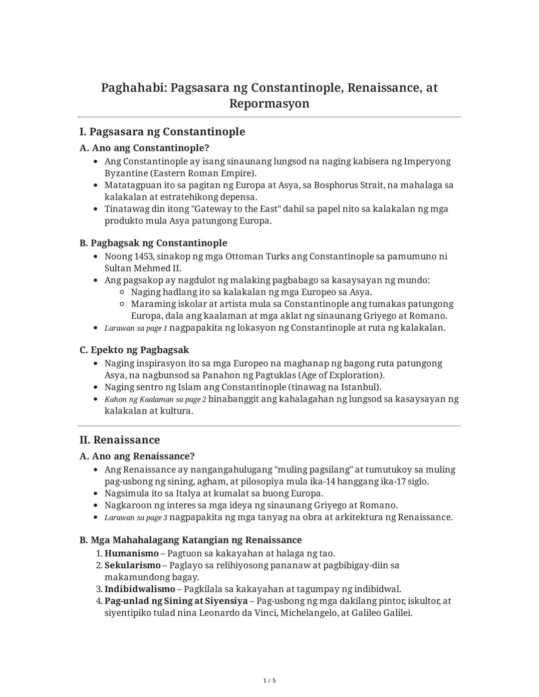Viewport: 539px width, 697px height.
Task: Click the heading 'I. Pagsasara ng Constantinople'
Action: pyautogui.click(x=162, y=132)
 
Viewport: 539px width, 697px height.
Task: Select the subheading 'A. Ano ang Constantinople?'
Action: pyautogui.click(x=144, y=148)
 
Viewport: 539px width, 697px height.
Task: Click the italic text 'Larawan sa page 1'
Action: pyautogui.click(x=136, y=328)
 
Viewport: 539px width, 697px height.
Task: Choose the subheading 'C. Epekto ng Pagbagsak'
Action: pyautogui.click(x=134, y=350)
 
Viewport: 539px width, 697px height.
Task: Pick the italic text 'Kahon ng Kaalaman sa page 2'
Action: pyautogui.click(x=155, y=400)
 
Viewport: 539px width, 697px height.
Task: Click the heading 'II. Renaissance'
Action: pyautogui.click(x=120, y=440)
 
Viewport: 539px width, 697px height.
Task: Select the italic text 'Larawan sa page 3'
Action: pyautogui.click(x=136, y=518)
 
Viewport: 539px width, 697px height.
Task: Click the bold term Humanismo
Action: pyautogui.click(x=131, y=553)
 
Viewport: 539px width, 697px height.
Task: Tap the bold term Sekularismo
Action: pyautogui.click(x=132, y=565)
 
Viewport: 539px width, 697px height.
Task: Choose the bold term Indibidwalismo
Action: pyautogui.click(x=140, y=589)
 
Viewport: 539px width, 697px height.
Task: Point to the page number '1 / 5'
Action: pyautogui.click(x=269, y=681)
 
